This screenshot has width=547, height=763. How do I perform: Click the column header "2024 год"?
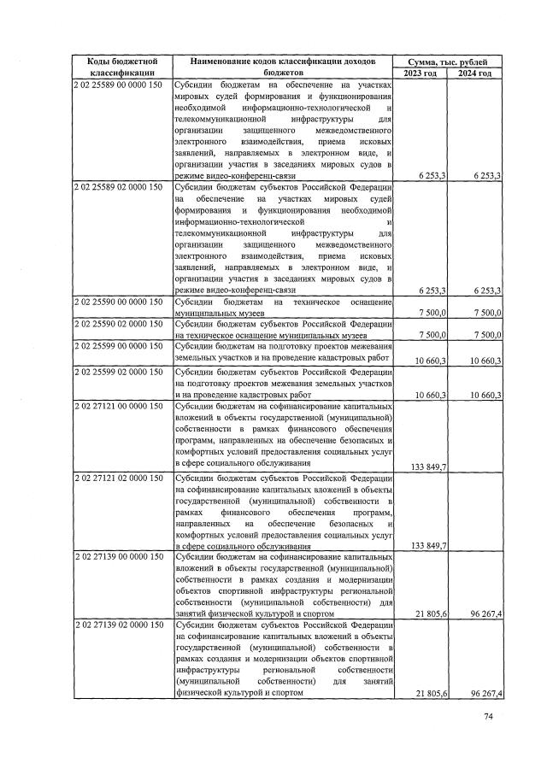pyautogui.click(x=474, y=73)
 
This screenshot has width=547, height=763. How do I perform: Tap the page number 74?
pyautogui.click(x=489, y=716)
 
